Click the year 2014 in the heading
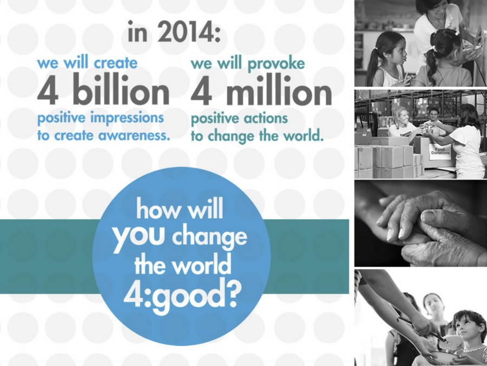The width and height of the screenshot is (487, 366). click(188, 33)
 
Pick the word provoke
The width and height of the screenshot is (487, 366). click(276, 65)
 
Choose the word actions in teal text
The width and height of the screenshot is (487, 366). click(264, 119)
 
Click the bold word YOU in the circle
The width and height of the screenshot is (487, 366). click(139, 238)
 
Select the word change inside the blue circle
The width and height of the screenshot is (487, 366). click(209, 239)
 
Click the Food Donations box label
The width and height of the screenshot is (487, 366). click(440, 151)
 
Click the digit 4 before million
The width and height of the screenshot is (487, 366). click(202, 90)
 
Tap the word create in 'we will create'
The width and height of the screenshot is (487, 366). click(115, 63)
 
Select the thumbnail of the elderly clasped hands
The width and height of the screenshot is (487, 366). click(420, 223)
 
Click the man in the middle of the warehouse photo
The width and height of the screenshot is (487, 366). click(434, 118)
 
